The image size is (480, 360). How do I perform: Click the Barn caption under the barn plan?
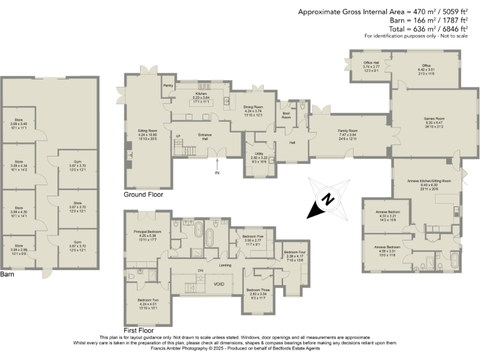(7, 274)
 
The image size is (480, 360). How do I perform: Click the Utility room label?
(259, 156)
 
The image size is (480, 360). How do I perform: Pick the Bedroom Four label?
(294, 254)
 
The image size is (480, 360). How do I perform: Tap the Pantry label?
(167, 85)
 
